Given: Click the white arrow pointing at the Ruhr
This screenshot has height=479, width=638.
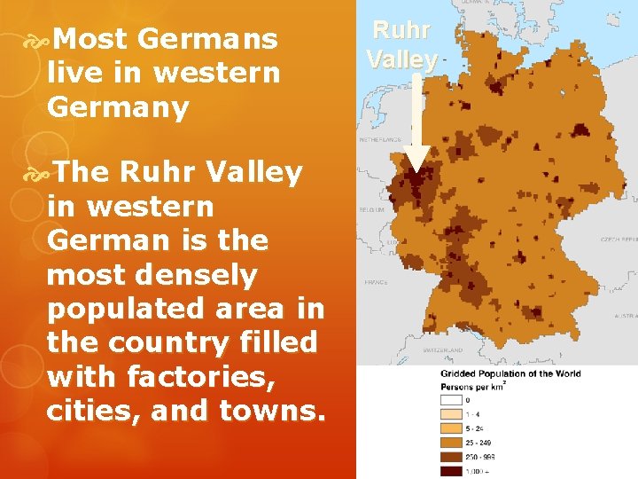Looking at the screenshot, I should (416, 124).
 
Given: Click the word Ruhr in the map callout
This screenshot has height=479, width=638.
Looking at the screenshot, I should (401, 30).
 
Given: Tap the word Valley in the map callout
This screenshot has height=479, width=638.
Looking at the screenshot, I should (401, 59).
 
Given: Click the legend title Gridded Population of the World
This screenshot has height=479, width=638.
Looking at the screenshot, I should (510, 373).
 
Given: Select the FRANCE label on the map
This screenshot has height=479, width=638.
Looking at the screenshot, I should (376, 281).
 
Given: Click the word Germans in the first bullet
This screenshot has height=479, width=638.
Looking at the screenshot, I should (208, 39).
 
